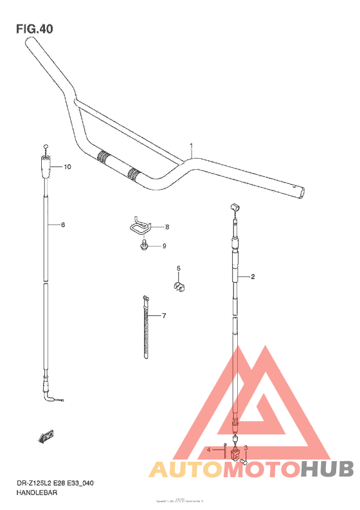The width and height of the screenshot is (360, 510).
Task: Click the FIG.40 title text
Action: [36, 29]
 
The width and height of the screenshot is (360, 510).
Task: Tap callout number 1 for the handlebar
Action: [191, 145]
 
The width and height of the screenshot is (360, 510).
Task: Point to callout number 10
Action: [67, 167]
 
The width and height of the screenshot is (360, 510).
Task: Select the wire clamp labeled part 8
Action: [138, 227]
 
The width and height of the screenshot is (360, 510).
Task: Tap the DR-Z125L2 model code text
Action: [29, 482]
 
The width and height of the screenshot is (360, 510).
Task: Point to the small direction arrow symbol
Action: [46, 438]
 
